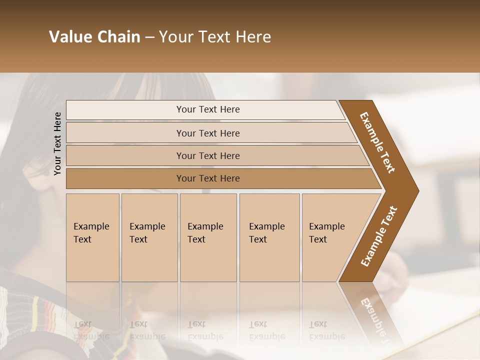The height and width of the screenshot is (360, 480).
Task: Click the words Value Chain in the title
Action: coord(94,37)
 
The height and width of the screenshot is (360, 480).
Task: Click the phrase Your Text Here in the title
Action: coord(215,37)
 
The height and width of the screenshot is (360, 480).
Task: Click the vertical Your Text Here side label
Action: coord(57,143)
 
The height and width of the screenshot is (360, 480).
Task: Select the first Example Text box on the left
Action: coord(92,237)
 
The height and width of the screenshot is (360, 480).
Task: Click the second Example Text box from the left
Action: coord(149,237)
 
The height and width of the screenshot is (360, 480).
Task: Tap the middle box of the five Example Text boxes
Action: coord(208,237)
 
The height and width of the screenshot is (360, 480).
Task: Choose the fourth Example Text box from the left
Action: coord(269,237)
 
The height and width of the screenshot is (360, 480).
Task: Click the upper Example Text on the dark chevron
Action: coord(377,142)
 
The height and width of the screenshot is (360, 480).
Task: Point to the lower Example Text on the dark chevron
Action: coord(379,236)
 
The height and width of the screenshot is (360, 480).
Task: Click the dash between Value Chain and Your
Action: coord(149,37)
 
